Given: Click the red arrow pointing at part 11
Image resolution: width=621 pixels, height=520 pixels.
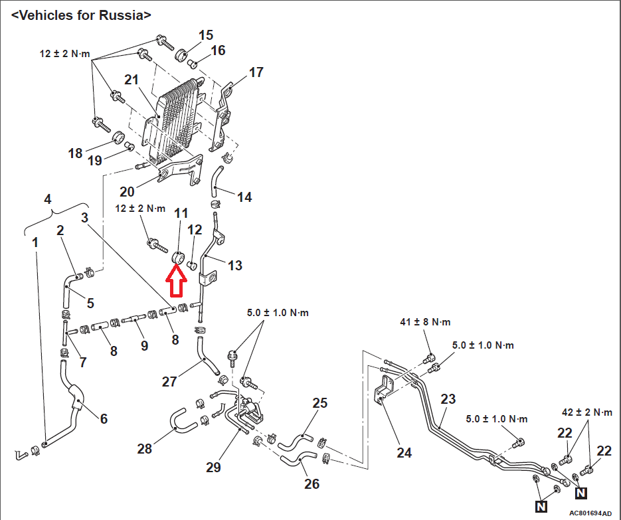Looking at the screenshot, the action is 176,280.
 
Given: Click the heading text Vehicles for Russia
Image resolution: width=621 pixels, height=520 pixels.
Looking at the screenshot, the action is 81,15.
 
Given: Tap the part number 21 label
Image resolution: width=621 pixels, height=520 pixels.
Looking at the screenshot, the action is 132,80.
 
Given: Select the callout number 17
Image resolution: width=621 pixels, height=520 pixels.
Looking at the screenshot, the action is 256,72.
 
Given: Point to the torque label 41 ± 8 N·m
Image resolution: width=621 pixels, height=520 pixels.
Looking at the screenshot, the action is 425,322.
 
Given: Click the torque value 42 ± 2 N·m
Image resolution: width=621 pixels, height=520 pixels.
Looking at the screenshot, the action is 587,412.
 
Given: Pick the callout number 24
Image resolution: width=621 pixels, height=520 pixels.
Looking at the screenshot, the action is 404,452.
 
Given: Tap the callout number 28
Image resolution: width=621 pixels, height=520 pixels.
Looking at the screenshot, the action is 145,449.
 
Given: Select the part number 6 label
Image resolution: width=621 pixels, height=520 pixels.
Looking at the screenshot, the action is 104,418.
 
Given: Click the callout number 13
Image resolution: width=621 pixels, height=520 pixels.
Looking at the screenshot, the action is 235,266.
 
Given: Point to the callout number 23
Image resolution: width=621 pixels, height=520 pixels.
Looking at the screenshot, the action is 448,399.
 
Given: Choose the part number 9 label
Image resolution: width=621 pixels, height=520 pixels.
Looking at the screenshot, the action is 145,346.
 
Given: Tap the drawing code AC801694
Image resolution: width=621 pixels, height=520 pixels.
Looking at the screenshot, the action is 586,513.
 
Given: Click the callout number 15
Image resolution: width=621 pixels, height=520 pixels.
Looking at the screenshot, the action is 206,35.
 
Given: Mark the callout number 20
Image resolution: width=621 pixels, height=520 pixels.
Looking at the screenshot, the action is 127,192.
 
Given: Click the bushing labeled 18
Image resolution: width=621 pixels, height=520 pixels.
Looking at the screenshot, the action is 118,139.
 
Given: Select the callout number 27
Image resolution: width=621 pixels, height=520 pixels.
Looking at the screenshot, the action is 169,381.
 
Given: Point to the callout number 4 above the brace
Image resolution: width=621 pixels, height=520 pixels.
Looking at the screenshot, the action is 48,199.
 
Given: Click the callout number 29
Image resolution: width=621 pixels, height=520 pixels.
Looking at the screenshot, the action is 213,468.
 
